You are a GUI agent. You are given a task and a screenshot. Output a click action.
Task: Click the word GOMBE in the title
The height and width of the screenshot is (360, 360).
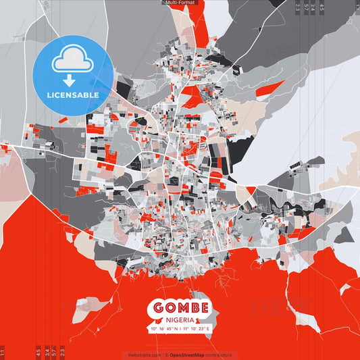[x=180, y=307]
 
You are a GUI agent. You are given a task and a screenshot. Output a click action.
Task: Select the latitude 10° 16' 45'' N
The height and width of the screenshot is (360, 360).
[x=163, y=329]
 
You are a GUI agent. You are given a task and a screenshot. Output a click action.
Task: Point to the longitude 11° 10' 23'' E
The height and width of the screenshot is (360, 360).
[x=199, y=329]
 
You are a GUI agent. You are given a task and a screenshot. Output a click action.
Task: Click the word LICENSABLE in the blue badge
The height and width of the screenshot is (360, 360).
[x=73, y=95]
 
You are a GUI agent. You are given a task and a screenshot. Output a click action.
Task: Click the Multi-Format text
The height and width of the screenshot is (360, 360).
[x=180, y=3]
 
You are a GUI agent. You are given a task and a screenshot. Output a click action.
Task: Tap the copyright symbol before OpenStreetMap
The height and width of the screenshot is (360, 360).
[x=167, y=355]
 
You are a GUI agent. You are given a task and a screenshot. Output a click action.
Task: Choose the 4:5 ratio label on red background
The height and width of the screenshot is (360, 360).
[x=38, y=352]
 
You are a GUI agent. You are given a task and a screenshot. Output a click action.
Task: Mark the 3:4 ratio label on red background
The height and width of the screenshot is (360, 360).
[x=47, y=352]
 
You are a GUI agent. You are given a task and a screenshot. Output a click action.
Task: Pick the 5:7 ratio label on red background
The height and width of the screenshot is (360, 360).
[x=55, y=352]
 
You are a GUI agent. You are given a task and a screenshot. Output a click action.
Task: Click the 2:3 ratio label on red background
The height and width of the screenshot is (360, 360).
[x=63, y=352]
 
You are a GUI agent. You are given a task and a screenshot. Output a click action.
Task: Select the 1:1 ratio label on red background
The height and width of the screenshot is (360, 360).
[x=3, y=352]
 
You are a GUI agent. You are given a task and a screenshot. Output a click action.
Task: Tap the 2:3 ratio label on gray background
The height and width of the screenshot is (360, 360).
[x=297, y=7]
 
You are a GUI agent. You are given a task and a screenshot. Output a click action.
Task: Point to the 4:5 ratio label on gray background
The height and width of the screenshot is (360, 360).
[x=322, y=7]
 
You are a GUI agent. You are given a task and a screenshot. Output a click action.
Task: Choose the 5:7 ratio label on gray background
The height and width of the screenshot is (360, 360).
[x=306, y=7]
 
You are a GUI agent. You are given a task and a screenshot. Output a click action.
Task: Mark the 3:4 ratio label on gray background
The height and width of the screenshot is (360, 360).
[x=313, y=7]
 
